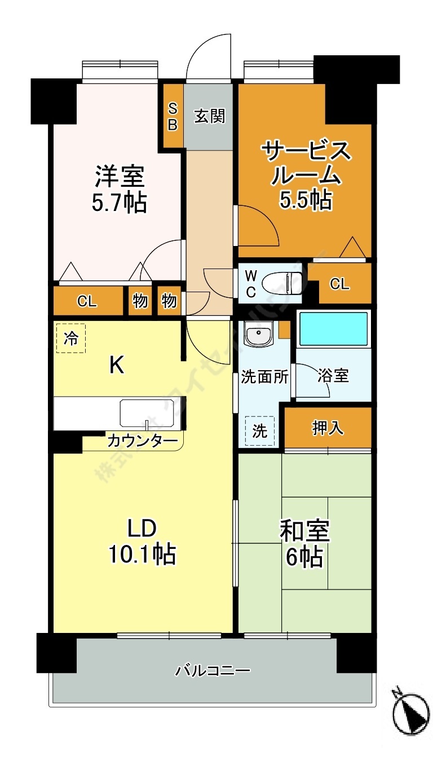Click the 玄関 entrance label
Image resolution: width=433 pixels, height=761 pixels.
(x=210, y=116)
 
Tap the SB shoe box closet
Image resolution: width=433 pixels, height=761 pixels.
(x=173, y=117)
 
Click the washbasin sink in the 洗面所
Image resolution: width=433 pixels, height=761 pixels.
(x=259, y=335)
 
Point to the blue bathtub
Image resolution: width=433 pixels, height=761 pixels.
(x=333, y=329)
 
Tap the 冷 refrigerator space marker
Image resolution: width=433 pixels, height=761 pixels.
(x=71, y=338)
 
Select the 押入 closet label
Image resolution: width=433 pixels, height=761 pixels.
(x=328, y=428)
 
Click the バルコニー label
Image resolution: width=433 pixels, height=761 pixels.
(x=213, y=671)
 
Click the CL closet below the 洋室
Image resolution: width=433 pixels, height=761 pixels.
(x=87, y=301)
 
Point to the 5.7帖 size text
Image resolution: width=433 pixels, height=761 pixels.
(x=120, y=203)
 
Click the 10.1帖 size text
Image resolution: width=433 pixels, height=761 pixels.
(x=142, y=554)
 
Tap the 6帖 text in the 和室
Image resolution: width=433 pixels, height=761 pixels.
(x=304, y=557)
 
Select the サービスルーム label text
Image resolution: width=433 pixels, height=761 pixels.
(x=306, y=164)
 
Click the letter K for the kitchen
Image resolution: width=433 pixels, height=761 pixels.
(x=117, y=366)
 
